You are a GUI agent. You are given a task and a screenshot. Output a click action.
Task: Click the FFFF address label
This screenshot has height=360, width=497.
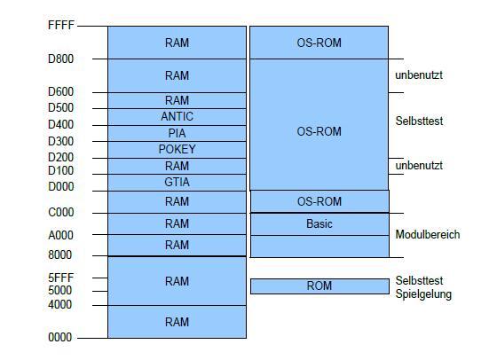(61, 25)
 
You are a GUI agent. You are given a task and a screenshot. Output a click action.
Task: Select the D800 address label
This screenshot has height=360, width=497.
(60, 59)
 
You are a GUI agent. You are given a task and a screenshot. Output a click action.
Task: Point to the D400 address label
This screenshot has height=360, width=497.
(60, 124)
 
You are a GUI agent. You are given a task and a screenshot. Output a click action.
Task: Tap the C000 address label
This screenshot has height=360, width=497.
(61, 212)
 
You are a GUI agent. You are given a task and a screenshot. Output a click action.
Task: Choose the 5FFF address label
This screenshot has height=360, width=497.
(61, 278)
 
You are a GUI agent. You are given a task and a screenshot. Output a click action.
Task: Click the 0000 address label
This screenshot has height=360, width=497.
(60, 337)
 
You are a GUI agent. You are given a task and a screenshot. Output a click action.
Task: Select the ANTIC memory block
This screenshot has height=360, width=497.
(177, 117)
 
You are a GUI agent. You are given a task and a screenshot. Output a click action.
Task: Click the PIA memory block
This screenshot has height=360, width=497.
(177, 133)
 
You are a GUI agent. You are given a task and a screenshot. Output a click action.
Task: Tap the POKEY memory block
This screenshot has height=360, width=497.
(177, 150)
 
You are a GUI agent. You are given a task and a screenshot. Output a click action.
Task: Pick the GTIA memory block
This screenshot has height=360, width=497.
(177, 183)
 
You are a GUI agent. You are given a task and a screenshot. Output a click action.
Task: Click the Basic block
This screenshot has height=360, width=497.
(319, 224)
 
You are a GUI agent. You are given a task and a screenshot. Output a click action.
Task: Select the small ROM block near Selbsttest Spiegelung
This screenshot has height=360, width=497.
(319, 286)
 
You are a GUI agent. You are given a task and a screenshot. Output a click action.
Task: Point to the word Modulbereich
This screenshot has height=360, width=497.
(428, 235)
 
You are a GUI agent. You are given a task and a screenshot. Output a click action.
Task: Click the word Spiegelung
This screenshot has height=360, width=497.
(423, 294)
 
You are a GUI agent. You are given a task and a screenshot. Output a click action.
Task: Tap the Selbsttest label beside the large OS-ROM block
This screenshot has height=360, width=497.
(419, 121)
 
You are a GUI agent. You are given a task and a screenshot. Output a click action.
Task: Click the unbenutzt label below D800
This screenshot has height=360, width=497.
(419, 75)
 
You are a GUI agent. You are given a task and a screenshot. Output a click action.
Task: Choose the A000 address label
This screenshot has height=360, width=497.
(60, 235)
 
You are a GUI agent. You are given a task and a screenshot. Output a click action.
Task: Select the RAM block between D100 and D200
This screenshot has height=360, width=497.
(177, 166)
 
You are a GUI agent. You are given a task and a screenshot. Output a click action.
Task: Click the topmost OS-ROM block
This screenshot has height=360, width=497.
(319, 43)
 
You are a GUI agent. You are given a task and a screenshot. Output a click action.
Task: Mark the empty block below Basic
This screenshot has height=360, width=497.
(319, 247)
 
